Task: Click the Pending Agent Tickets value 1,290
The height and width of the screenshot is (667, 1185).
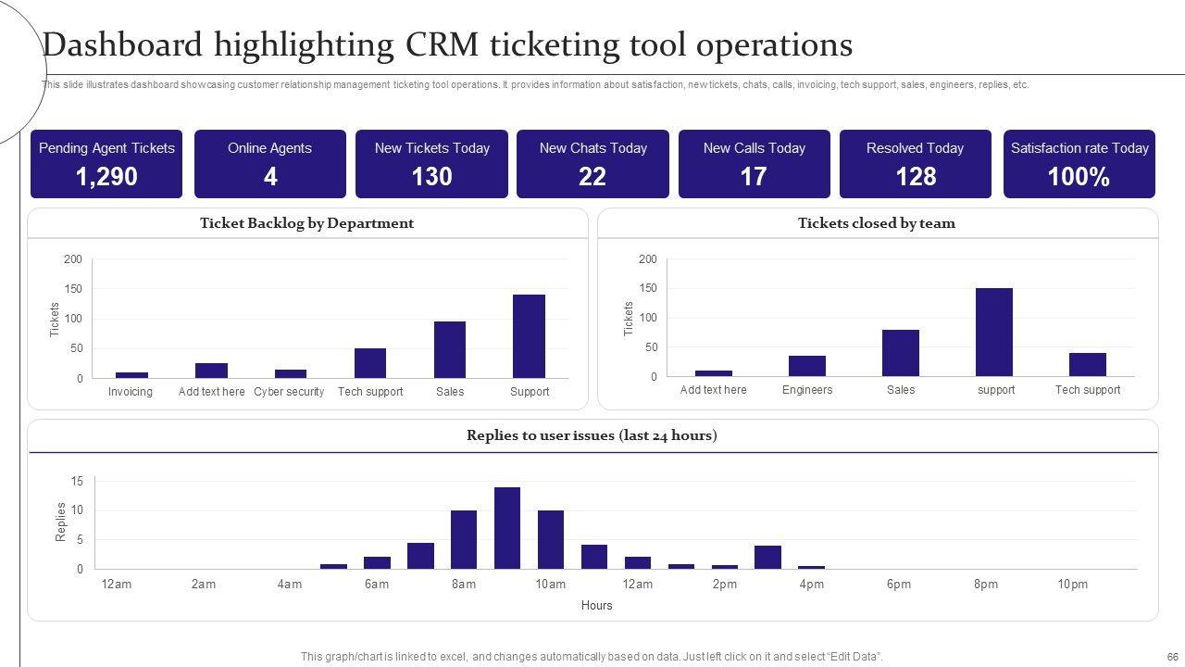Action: pos(106,177)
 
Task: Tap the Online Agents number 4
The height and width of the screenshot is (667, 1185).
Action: pos(270,177)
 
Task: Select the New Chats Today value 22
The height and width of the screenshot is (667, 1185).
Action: pos(592,177)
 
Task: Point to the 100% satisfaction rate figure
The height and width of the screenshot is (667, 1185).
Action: pos(1079,177)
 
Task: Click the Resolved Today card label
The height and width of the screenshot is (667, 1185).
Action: pos(915,148)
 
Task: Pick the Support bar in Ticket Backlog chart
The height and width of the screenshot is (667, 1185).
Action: pos(529,336)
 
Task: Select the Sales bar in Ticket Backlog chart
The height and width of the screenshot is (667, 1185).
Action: pos(450,349)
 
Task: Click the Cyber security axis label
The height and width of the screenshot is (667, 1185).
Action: pos(289,392)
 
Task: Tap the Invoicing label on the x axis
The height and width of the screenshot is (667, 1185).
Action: pos(131,392)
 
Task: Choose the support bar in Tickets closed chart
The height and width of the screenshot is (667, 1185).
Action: pos(994,332)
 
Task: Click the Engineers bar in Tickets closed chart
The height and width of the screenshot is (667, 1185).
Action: pos(807,366)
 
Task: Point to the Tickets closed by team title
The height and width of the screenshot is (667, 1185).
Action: pos(876,223)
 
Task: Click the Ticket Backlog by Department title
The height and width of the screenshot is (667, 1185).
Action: pos(306,223)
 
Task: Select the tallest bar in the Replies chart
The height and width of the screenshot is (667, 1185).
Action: pos(507,528)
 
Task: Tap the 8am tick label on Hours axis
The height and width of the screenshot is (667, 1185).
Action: pos(464,585)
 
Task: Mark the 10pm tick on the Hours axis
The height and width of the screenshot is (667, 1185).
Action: pos(1073,585)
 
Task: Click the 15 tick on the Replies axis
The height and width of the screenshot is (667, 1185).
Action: pos(77,482)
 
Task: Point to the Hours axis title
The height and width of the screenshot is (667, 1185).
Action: pos(596,606)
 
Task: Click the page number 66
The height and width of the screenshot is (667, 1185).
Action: pos(1172,657)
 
